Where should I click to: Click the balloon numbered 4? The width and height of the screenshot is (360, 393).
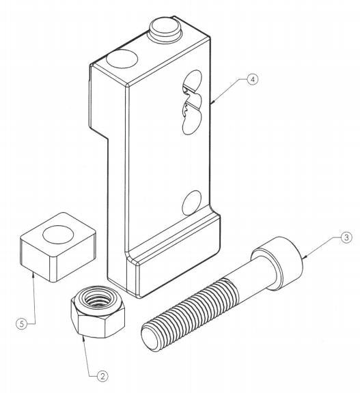point(252,80)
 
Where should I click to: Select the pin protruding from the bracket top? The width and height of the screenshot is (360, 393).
point(164,29)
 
